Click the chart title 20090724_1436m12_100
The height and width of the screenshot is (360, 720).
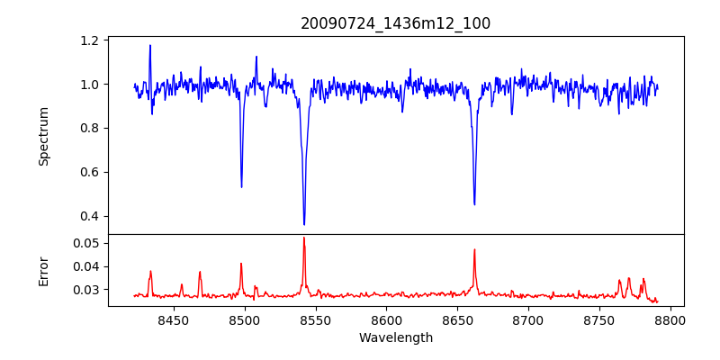coord(395,23)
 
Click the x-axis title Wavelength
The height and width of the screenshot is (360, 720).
coord(395,338)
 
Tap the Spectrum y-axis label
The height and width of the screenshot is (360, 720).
coord(43,136)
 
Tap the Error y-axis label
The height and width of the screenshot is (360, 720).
coord(43,270)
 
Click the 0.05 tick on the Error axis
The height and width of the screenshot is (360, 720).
coord(86,244)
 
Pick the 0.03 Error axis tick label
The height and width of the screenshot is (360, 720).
coord(86,290)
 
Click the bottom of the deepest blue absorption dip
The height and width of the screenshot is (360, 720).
coord(304,224)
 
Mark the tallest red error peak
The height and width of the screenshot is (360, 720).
coord(304,238)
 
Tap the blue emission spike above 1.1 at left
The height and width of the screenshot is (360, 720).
coord(150,45)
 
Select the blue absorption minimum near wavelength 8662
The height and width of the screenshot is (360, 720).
coord(474,204)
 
